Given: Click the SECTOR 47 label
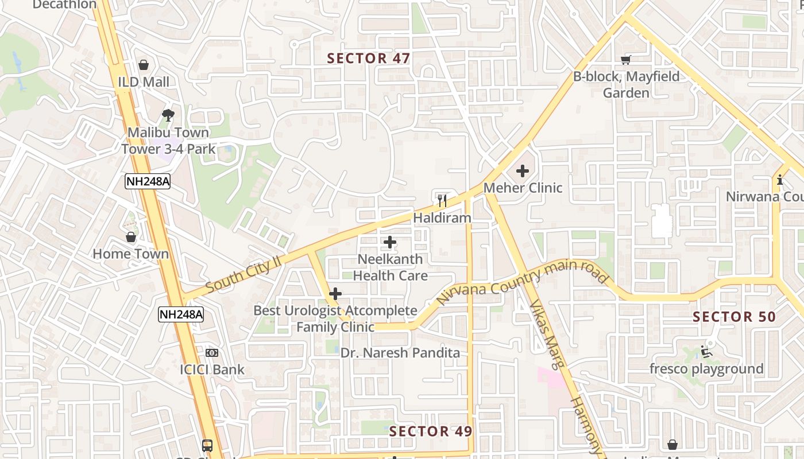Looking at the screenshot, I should [369, 58].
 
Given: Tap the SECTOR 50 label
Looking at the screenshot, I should [734, 317].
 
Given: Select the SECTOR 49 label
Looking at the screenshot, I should [431, 431].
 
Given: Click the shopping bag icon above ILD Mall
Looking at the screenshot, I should [144, 65].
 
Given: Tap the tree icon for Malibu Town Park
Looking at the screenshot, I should [168, 115].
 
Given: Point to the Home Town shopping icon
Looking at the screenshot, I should [131, 237].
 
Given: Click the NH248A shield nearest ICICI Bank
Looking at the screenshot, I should [181, 314].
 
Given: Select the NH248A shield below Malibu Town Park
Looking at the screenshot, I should [148, 181].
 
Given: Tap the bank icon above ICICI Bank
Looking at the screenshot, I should [212, 353].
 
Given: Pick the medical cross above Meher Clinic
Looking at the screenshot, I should [522, 170].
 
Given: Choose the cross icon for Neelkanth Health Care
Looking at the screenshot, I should [390, 242].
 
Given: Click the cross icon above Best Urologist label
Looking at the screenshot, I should [335, 294].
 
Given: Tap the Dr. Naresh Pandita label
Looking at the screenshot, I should [400, 353].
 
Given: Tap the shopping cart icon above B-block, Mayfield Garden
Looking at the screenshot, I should [626, 60].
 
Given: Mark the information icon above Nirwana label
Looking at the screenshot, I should [779, 180].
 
